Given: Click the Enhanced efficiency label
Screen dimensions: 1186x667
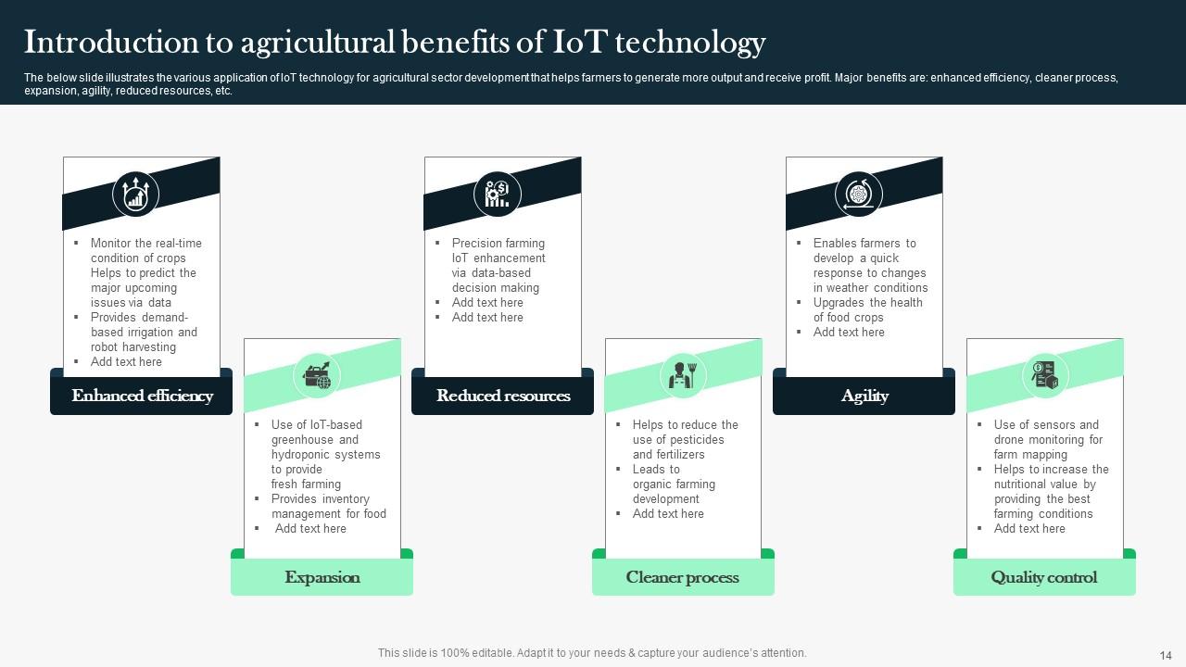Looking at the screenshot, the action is (x=143, y=396).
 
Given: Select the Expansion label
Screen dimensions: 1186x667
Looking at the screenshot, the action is (x=322, y=577).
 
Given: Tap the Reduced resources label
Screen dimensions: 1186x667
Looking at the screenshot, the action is (x=503, y=396).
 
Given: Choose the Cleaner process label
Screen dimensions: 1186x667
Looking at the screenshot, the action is (x=683, y=577).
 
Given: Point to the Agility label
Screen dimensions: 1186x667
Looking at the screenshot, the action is (x=864, y=396).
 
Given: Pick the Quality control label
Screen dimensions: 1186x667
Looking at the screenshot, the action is (x=1044, y=577).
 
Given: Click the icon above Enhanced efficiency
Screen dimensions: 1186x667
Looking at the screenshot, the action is (x=135, y=194).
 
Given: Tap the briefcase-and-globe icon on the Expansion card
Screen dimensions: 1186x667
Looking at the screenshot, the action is (x=317, y=376).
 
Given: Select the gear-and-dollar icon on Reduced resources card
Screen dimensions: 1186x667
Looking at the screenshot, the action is (x=498, y=194).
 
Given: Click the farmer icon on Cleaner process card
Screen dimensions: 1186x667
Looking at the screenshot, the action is (x=683, y=375).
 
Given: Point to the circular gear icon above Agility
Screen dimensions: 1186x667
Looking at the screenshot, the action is (x=859, y=194).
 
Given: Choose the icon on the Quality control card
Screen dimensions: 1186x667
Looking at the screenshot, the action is (x=1044, y=375).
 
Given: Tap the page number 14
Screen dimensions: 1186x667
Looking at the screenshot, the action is (x=1166, y=656).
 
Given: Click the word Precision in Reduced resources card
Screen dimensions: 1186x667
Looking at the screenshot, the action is (x=474, y=243).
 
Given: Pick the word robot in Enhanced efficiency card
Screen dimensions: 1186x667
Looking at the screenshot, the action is (x=104, y=347).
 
